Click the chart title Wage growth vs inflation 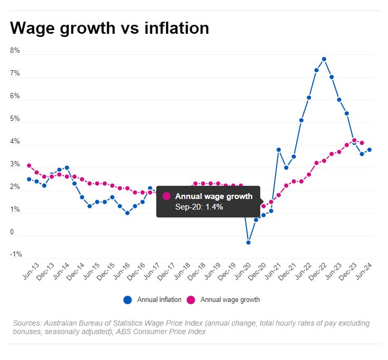[109, 28]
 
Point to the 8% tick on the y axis [15, 51]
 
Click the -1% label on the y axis [16, 254]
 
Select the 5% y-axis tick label [15, 119]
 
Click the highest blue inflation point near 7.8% [324, 59]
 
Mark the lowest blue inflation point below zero [248, 242]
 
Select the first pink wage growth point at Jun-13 [29, 166]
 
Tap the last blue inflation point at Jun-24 [370, 150]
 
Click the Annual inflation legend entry [159, 300]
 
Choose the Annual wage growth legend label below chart [230, 300]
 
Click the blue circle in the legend [128, 300]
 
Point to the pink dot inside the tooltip [167, 196]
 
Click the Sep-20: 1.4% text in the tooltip [199, 207]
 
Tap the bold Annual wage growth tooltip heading [214, 196]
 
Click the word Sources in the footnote [26, 323]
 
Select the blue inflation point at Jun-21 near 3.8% [279, 150]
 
